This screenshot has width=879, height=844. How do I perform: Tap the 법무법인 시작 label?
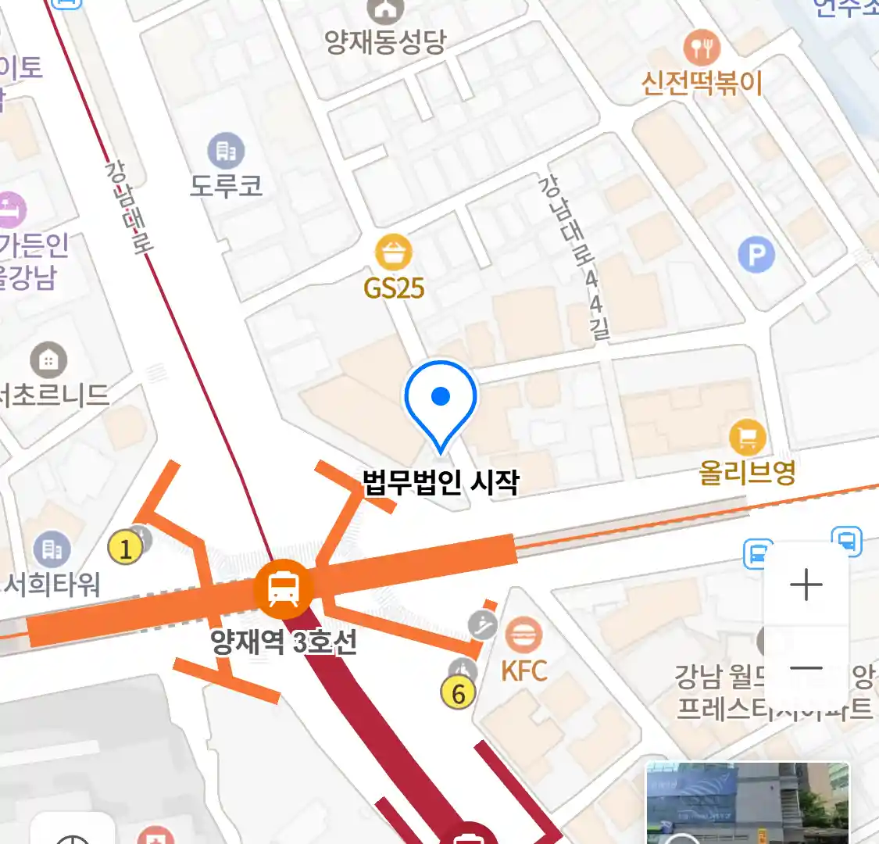441,481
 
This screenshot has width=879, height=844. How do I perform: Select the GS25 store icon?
394,252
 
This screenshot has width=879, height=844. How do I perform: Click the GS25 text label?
394,288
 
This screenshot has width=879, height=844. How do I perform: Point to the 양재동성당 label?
385,41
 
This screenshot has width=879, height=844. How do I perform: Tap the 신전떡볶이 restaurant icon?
702,48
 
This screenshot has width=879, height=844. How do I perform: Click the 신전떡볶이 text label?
702,83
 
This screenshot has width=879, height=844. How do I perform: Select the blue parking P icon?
756,254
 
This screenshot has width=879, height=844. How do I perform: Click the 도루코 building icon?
226,151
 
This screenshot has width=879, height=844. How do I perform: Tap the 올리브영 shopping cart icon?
747,438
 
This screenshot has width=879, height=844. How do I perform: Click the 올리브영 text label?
747,472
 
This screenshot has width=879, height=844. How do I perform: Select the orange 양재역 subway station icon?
283,589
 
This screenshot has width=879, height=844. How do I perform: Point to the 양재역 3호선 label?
284,642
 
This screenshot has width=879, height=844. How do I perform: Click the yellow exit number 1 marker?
125,548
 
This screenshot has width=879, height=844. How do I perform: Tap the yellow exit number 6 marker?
458,693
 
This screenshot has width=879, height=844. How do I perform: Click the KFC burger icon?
523,635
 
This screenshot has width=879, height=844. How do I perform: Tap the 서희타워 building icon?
52,550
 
